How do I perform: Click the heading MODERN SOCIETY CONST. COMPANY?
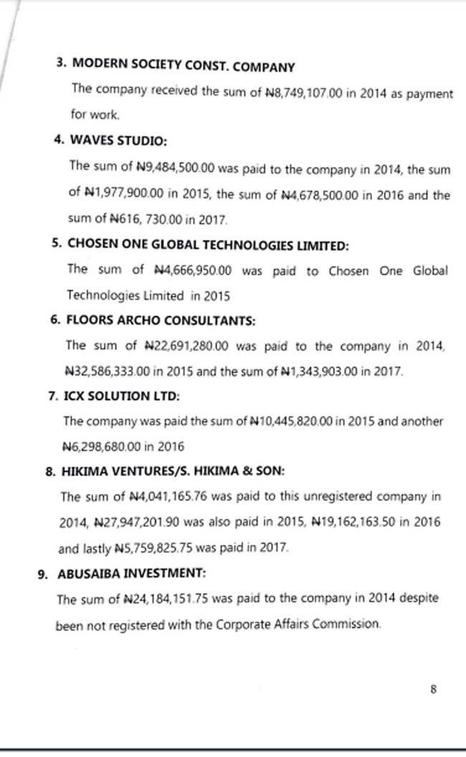(182, 67)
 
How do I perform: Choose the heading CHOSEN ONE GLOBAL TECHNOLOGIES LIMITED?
(208, 244)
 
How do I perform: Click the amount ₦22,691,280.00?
(186, 346)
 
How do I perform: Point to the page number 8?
(434, 690)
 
